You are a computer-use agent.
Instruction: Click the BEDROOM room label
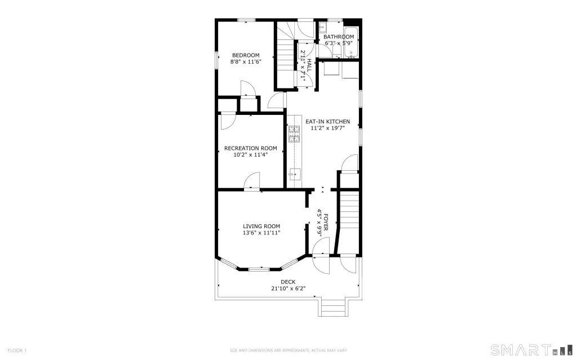pos(246,55)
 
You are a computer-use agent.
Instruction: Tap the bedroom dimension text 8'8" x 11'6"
pos(246,62)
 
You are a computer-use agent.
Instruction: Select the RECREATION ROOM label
pos(251,148)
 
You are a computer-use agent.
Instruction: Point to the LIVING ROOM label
pos(261,226)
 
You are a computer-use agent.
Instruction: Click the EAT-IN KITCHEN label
pos(327,122)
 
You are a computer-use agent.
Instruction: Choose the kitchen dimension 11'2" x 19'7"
pos(327,128)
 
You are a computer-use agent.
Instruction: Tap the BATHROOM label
pos(339,37)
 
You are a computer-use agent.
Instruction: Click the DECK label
pos(288,282)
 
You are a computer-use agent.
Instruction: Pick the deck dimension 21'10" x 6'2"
pos(288,288)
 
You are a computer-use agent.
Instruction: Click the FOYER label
pos(326,223)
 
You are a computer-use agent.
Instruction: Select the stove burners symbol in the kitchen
pos(294,134)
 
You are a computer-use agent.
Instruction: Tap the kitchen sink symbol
pos(294,174)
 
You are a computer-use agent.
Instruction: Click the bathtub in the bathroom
pos(351,42)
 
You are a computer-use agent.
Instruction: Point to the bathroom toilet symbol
pos(337,51)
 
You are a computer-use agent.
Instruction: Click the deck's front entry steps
pos(332,308)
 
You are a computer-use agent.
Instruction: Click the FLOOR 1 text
pos(17,350)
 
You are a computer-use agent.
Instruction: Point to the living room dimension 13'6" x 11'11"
pos(261,233)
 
